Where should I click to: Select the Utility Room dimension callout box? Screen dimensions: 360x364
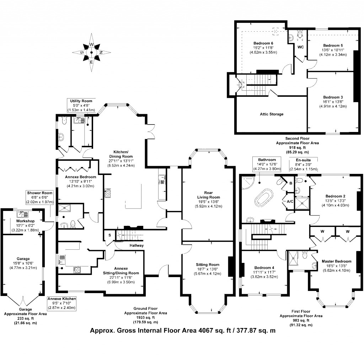(x=81, y=106)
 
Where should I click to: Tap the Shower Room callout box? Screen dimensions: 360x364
(x=40, y=197)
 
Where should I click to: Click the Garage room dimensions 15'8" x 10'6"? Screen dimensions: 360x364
(x=22, y=263)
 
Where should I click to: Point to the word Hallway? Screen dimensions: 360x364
(x=136, y=245)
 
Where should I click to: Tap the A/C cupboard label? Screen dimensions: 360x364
(x=290, y=201)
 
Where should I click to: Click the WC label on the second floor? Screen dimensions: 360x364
(x=300, y=47)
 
